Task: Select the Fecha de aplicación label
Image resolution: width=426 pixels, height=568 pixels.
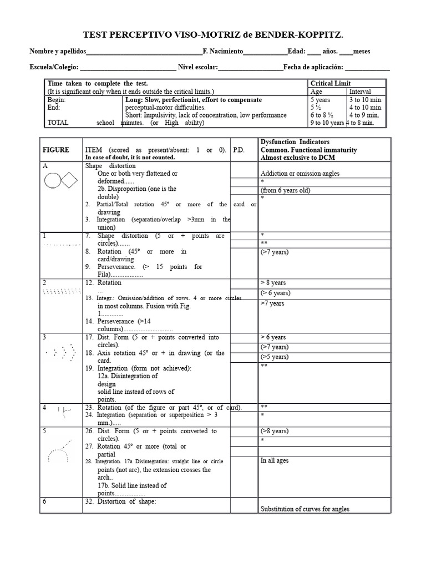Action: click(313, 68)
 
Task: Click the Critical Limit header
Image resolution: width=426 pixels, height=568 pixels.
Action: click(331, 83)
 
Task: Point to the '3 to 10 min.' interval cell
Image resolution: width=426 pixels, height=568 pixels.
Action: click(363, 100)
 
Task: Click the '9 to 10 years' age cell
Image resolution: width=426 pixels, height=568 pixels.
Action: click(327, 123)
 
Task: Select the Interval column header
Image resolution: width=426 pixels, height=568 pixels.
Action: click(360, 92)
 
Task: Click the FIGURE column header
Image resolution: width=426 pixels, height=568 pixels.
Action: click(55, 150)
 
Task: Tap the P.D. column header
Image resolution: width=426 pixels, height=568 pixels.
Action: click(239, 150)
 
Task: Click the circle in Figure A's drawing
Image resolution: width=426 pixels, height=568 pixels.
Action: click(53, 180)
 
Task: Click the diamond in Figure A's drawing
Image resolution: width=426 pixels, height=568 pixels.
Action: click(69, 180)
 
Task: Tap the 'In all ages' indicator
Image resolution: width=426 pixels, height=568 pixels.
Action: click(274, 460)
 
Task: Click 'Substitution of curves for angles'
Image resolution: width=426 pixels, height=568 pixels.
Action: click(305, 509)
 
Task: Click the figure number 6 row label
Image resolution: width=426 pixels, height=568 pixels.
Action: click(44, 501)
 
